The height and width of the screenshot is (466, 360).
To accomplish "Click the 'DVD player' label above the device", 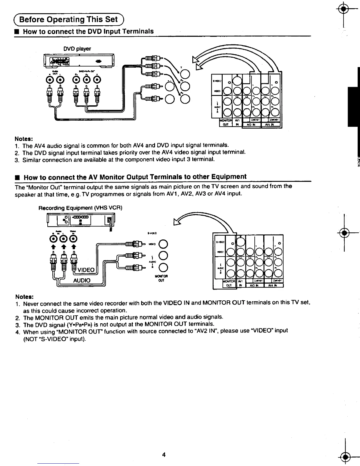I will pos(77,49).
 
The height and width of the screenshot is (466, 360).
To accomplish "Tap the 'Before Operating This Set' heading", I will pos(69,19).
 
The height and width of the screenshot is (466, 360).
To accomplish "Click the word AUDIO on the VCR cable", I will pos(81,280).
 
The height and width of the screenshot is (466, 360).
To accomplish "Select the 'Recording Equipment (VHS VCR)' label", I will pos(80,208).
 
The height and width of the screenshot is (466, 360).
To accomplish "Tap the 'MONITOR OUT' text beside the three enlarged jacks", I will pos(161,278).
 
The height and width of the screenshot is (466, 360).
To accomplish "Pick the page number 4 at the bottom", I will pos(164,455).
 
